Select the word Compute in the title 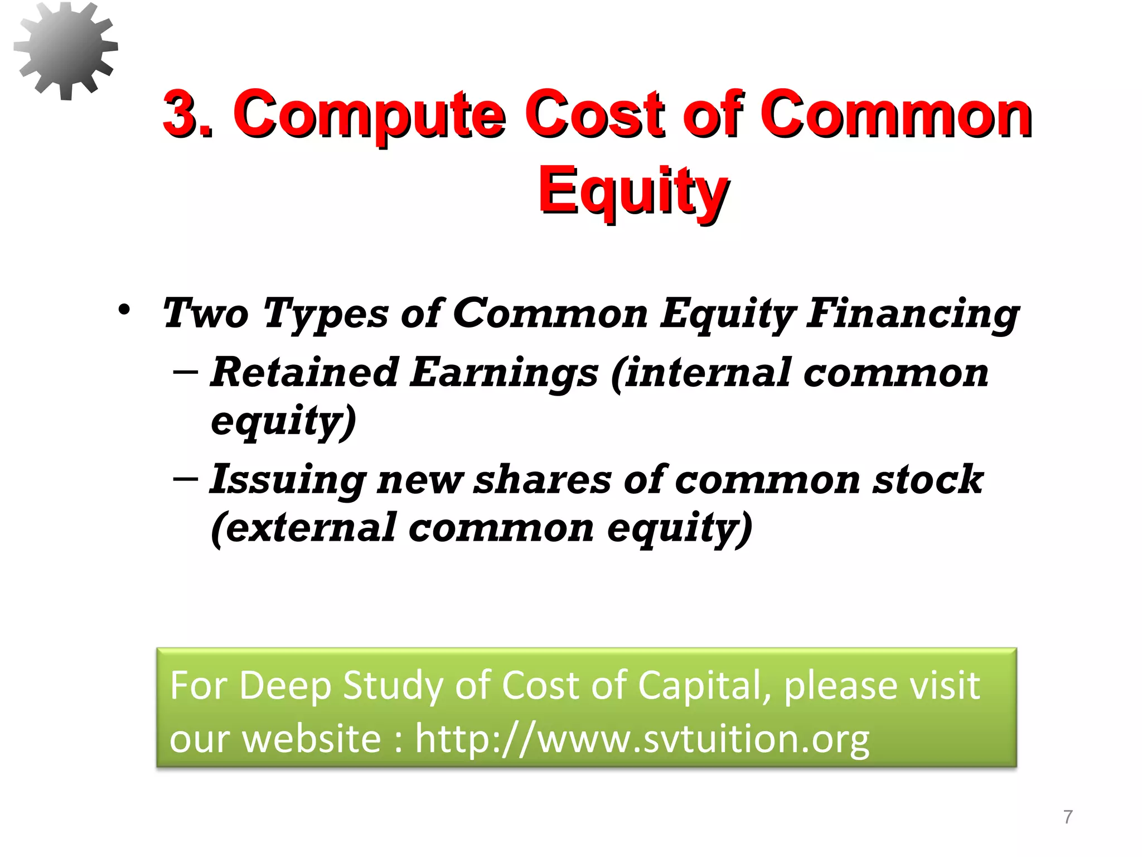(370, 115)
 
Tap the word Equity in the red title (633, 191)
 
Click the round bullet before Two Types (124, 310)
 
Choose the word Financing (913, 314)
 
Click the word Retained (304, 372)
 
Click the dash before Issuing (185, 478)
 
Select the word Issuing (288, 480)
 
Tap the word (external (303, 527)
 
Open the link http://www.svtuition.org (642, 739)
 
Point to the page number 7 (1068, 817)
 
